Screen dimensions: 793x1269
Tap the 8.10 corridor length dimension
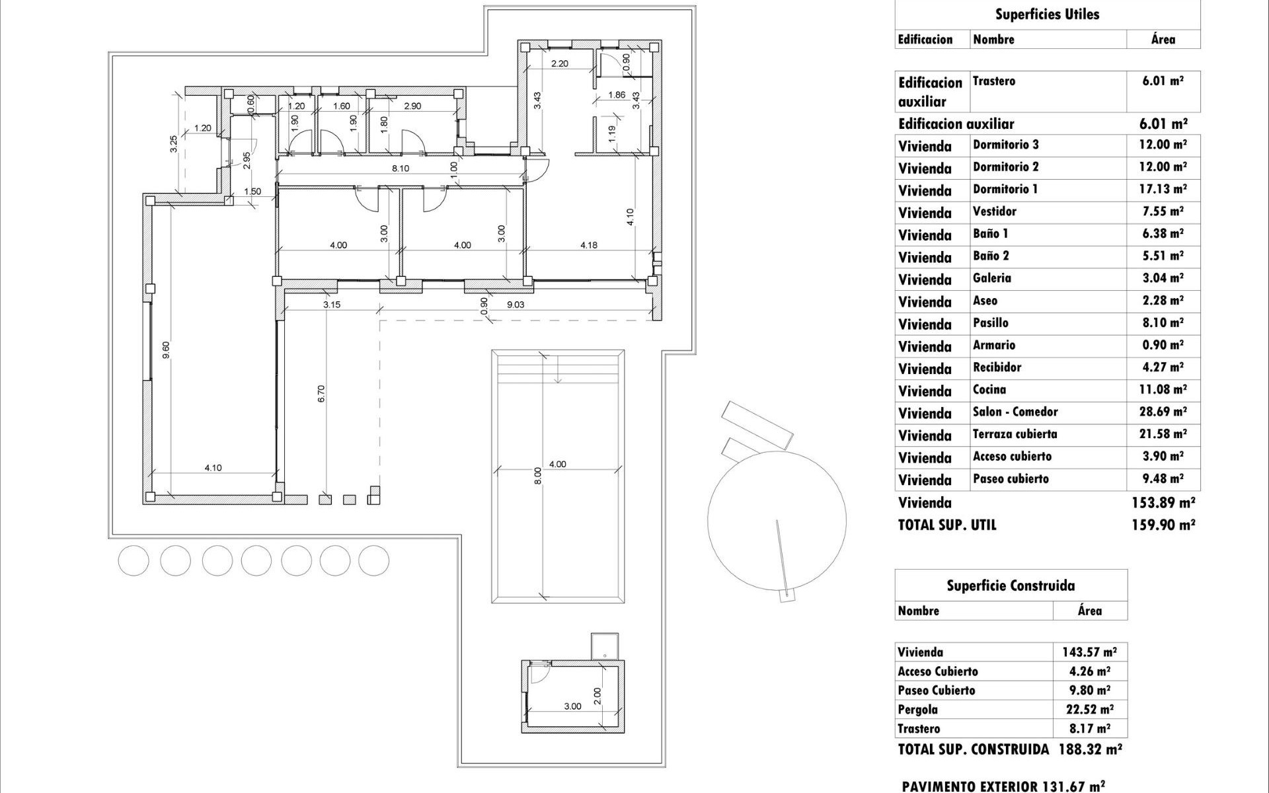pos(401,169)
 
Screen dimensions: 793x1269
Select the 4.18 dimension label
pos(589,245)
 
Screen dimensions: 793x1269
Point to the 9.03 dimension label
pos(516,305)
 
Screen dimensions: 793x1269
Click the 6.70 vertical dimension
pos(322,394)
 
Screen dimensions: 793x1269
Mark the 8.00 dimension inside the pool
pos(537,476)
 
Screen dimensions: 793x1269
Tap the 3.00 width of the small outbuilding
pos(572,706)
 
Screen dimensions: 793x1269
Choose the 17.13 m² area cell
pos(1163,190)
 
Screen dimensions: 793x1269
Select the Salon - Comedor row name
pos(1015,412)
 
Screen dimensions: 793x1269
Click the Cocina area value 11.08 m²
pos(1163,390)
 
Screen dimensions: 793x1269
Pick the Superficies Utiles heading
pos(1047,15)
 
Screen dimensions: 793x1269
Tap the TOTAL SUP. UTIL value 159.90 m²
pos(1163,525)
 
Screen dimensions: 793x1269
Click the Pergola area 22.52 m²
pos(1088,710)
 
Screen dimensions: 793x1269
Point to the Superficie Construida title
pos(1011,585)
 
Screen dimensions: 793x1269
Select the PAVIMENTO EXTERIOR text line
pos(1003,786)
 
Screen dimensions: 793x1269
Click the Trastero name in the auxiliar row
pos(994,81)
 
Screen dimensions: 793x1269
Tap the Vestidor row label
pos(995,211)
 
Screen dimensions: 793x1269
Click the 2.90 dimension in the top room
pos(412,106)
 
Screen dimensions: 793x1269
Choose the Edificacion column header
pos(925,40)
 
